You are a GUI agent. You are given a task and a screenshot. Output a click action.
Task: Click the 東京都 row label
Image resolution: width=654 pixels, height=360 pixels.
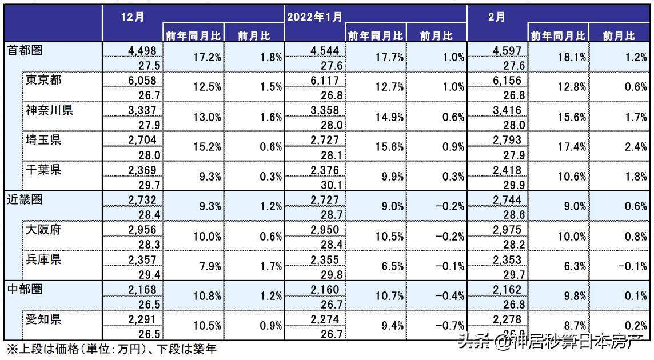(44, 80)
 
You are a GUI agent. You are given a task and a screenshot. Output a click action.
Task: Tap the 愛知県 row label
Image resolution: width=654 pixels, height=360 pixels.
(44, 319)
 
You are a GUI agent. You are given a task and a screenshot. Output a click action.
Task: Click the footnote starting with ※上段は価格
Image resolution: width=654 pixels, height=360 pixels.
(111, 349)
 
